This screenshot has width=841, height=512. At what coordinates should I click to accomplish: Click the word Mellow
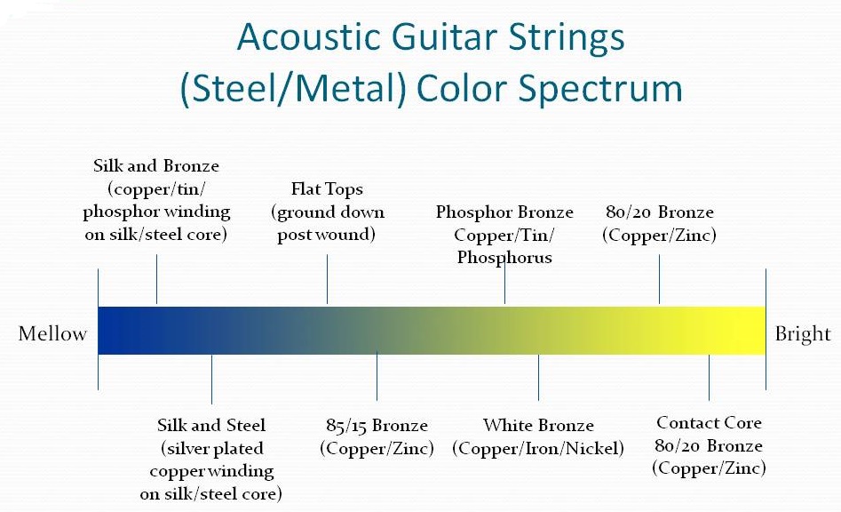(52, 334)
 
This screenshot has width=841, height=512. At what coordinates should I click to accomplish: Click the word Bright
(803, 334)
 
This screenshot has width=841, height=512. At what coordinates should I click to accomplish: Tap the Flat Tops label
(327, 189)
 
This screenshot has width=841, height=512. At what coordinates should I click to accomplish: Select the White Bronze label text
(538, 425)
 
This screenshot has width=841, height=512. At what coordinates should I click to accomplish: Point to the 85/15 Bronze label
(377, 425)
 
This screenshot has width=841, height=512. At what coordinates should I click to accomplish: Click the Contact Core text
(709, 423)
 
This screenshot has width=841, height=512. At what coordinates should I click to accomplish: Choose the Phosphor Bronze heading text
(504, 212)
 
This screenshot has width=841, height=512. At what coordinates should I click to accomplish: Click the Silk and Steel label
(211, 425)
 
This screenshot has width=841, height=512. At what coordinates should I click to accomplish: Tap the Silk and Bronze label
(156, 166)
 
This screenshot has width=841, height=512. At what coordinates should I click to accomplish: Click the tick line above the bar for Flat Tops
(327, 279)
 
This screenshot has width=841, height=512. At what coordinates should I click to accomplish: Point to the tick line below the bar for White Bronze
(538, 377)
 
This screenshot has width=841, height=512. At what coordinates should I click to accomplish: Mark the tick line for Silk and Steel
(211, 379)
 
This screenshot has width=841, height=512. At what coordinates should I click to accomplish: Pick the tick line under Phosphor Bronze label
(504, 284)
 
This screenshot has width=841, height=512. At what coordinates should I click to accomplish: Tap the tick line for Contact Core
(709, 377)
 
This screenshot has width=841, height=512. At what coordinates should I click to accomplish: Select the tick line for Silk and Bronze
(156, 279)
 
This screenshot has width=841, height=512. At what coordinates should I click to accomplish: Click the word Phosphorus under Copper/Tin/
(504, 258)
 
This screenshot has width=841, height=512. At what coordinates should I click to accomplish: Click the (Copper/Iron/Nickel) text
(538, 447)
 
